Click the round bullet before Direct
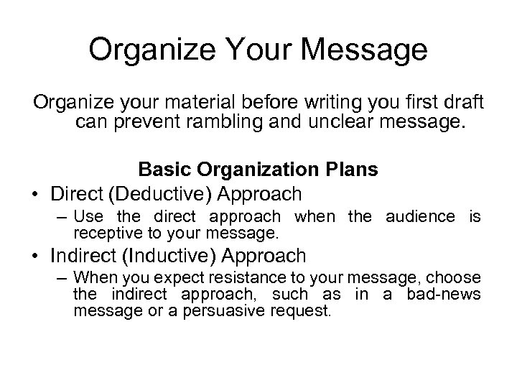click(34, 194)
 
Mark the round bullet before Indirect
click(34, 256)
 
